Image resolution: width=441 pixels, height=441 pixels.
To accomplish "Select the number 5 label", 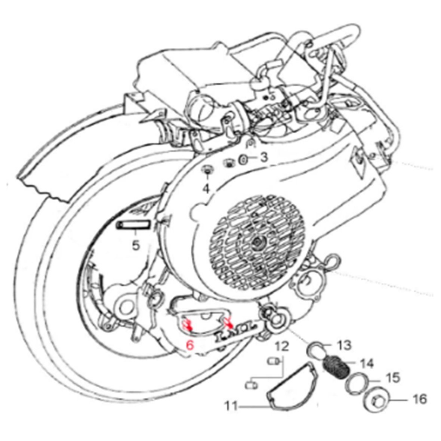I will (x=135, y=246).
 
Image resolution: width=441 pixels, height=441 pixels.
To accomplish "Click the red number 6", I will (x=190, y=345).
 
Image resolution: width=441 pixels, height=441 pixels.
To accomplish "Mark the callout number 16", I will (x=420, y=400).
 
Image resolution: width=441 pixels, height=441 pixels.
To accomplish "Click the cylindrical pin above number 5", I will (x=134, y=225).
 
